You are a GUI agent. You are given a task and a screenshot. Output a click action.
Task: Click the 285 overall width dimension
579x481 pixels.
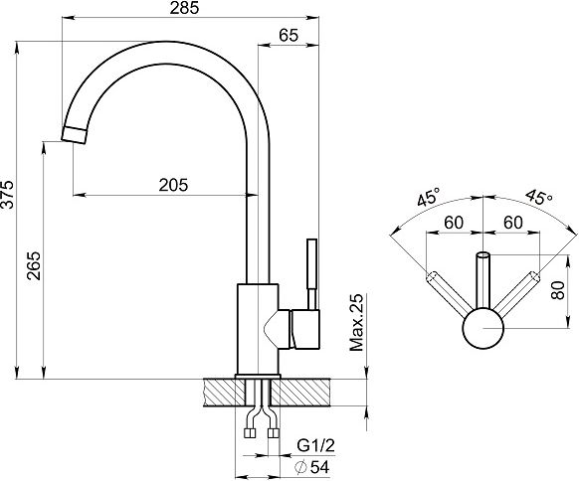pyautogui.click(x=184, y=8)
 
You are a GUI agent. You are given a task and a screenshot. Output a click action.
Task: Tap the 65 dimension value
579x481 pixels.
pyautogui.click(x=289, y=36)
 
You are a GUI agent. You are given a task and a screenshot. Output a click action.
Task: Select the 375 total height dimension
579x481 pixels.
pyautogui.click(x=7, y=195)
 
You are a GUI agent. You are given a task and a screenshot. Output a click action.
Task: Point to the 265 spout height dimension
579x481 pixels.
pyautogui.click(x=35, y=266)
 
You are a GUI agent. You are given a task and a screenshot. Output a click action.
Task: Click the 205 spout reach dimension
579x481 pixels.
pyautogui.click(x=173, y=185)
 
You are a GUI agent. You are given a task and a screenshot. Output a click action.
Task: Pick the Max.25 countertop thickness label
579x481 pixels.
pyautogui.click(x=357, y=322)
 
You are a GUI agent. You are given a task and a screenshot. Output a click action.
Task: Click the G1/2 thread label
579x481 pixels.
pyautogui.click(x=315, y=446)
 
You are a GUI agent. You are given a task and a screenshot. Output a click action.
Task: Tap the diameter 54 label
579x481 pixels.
pyautogui.click(x=312, y=467)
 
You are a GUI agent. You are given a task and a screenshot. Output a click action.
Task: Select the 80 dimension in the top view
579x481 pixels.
pyautogui.click(x=558, y=290)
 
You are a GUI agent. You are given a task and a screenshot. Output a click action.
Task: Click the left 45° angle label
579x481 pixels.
pyautogui.click(x=429, y=197)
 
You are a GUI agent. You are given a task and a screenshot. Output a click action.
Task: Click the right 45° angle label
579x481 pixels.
pyautogui.click(x=539, y=197)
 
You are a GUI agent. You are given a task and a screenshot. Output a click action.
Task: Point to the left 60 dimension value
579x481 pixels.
pyautogui.click(x=454, y=223)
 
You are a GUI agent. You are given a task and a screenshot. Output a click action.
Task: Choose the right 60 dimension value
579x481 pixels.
pyautogui.click(x=513, y=223)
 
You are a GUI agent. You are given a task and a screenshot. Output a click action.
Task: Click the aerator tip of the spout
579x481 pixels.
pyautogui.click(x=75, y=135)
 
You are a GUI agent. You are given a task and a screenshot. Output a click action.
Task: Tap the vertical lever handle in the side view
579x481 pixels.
pyautogui.click(x=312, y=273)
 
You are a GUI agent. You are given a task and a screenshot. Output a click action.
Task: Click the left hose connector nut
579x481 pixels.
pyautogui.click(x=250, y=433)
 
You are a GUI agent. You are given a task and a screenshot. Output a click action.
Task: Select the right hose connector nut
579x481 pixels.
pyautogui.click(x=274, y=433)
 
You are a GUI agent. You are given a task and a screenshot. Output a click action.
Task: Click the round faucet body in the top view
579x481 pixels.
pyautogui.click(x=482, y=328)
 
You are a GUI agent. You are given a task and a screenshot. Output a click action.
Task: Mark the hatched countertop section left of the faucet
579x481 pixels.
pyautogui.click(x=224, y=393)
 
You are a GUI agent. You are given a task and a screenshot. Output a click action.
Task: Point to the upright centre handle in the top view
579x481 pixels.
pyautogui.click(x=482, y=280)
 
